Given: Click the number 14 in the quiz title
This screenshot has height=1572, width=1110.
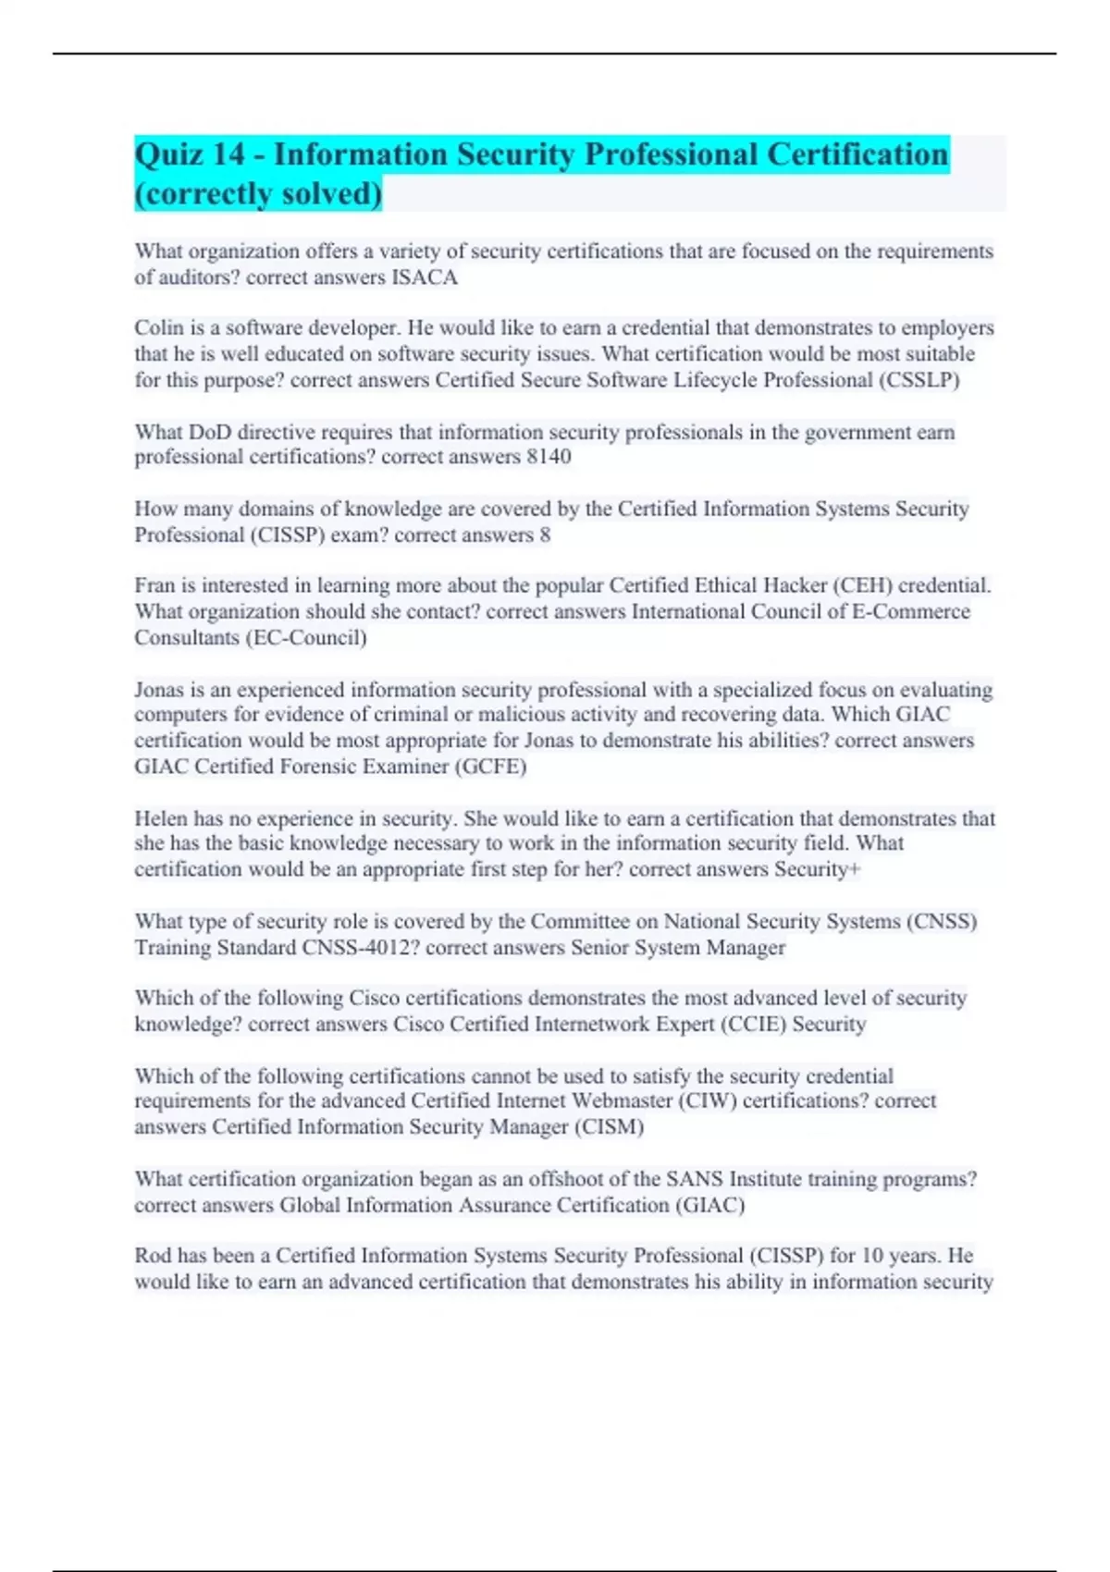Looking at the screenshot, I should point(228,154).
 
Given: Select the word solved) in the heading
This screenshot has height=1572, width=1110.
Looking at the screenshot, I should point(332,194).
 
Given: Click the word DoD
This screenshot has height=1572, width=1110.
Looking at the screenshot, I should point(210,432).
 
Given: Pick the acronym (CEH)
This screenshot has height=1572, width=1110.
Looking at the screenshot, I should point(863,585).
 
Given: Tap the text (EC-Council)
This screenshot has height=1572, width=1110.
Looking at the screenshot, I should point(306,638).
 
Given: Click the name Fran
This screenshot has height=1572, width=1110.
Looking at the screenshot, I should point(154,585).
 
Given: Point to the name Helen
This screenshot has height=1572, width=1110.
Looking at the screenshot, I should point(161,818).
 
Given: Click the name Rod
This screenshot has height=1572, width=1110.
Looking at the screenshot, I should point(153,1256).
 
